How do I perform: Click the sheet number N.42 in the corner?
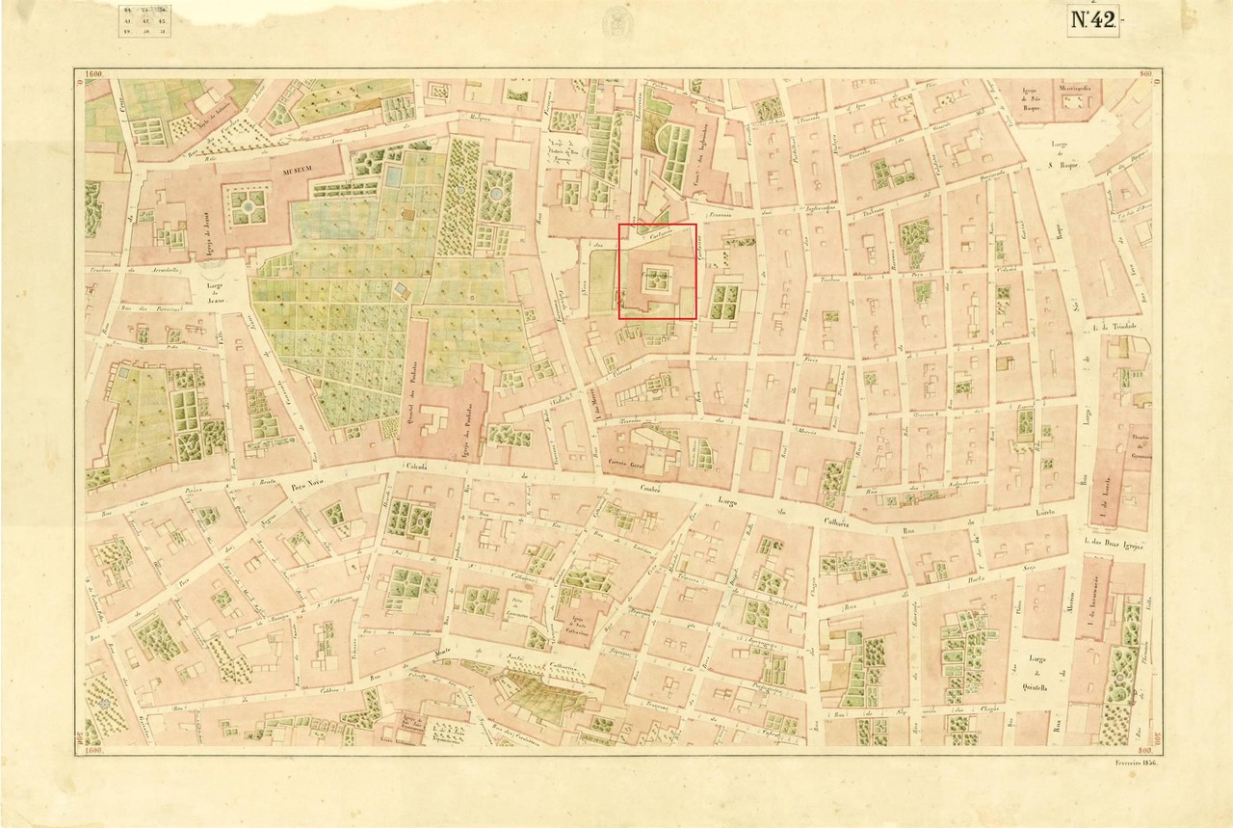(x=1092, y=21)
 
